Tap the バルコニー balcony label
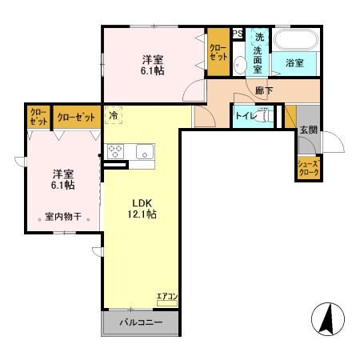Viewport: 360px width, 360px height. [141, 323]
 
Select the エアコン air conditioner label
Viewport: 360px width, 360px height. [167, 297]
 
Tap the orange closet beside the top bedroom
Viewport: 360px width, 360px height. [218, 53]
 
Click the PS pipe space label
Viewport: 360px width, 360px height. [238, 34]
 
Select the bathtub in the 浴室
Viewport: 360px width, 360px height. [296, 39]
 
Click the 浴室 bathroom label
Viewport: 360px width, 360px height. [294, 62]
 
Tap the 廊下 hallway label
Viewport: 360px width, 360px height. [263, 91]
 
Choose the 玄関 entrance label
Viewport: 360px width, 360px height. [308, 130]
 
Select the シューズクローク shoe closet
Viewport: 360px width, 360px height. [308, 169]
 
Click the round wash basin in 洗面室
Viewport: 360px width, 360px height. [240, 67]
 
